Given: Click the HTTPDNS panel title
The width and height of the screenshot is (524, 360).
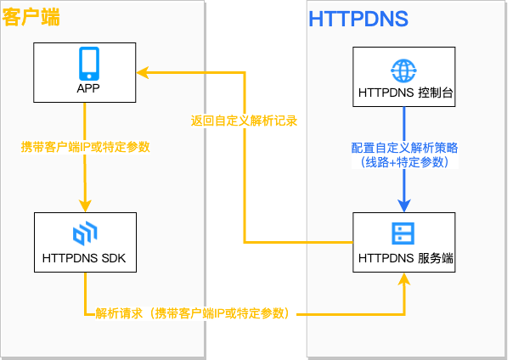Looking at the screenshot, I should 358,18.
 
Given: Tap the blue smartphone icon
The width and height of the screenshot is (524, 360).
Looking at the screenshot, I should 89,64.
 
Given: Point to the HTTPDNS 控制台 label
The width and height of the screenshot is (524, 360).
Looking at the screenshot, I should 404,92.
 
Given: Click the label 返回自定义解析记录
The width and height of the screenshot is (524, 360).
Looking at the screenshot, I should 245,121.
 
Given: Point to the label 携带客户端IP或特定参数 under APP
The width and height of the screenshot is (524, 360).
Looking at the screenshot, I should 85,147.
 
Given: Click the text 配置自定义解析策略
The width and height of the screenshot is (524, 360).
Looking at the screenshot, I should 405,146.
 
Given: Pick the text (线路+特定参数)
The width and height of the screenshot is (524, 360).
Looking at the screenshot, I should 404,160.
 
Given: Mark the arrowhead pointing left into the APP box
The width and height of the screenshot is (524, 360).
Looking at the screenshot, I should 144,73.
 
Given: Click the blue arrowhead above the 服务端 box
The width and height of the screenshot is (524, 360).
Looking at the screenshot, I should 404,205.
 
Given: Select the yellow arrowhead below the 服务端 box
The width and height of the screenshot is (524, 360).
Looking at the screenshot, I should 404,280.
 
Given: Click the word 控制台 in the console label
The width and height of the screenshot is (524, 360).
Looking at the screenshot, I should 436,92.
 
